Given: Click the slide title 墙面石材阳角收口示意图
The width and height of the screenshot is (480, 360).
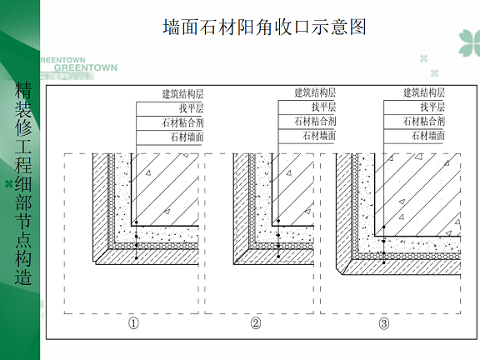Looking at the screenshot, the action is click(x=264, y=27).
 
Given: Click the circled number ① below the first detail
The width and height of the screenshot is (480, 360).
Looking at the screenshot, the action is click(x=133, y=323).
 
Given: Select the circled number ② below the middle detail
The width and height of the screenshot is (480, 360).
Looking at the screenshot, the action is click(x=256, y=323).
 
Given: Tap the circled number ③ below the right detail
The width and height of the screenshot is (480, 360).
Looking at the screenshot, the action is click(x=384, y=323).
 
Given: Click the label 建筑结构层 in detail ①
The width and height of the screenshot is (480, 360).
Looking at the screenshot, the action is click(x=182, y=93).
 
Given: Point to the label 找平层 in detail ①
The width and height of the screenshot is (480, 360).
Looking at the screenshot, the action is click(x=192, y=108).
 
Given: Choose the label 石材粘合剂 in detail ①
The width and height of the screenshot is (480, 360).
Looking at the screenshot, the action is click(x=182, y=122).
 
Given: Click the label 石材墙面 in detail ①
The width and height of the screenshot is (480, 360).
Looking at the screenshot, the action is click(x=187, y=137).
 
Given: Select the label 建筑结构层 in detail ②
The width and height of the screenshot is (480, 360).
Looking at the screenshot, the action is click(x=315, y=92).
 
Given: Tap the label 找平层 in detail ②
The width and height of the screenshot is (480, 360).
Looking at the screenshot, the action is click(x=323, y=107).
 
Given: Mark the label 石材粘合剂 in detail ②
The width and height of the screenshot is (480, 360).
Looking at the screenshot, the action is click(x=315, y=121).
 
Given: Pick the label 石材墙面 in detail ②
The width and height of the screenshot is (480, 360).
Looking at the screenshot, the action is click(x=319, y=135).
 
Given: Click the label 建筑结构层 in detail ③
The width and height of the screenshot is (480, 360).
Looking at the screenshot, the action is click(x=423, y=92).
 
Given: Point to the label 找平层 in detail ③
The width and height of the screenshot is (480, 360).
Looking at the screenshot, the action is click(x=432, y=107).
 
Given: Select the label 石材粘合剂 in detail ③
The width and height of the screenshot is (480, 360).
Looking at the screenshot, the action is click(x=423, y=121).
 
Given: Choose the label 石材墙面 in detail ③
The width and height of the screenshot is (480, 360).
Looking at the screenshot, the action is click(x=428, y=135).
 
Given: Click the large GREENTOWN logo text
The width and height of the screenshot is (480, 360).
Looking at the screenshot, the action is click(x=86, y=67).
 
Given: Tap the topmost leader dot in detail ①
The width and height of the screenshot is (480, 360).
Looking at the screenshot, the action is click(x=137, y=222).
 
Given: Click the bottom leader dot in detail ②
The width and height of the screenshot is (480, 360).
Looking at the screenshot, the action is click(x=278, y=257).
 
